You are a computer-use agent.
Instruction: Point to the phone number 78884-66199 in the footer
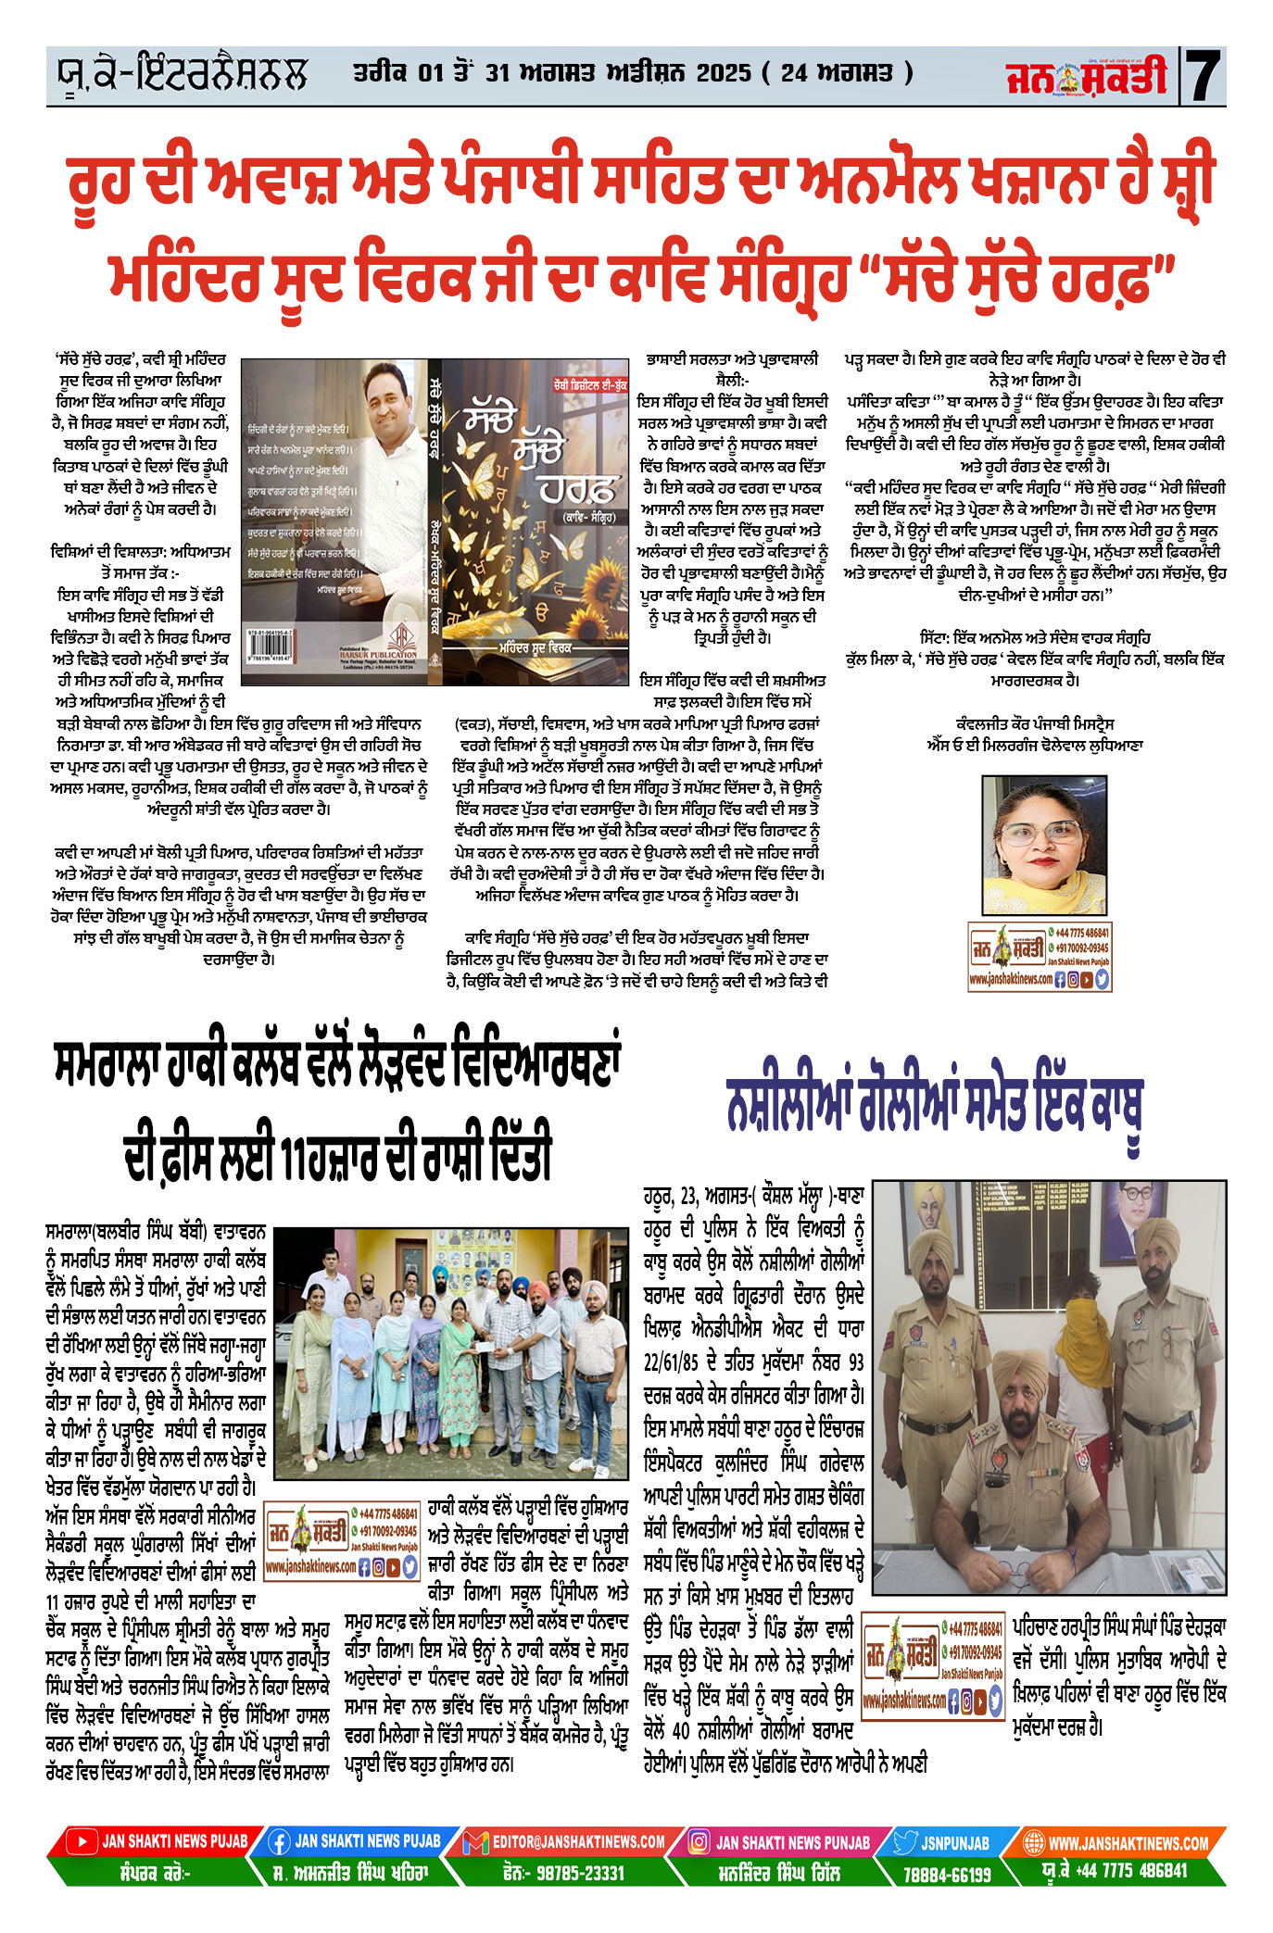947,1874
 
